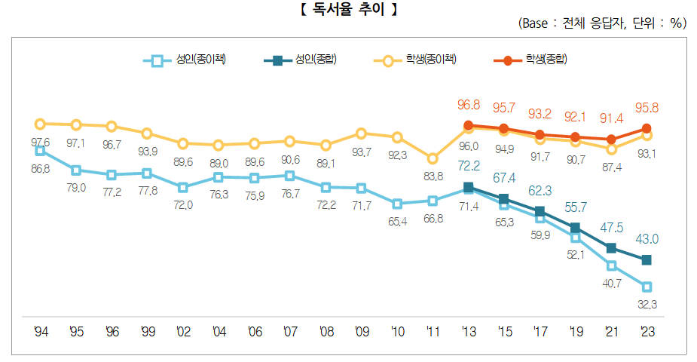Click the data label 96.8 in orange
468,103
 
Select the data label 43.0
646,238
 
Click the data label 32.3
646,304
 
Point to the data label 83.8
432,176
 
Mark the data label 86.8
40,169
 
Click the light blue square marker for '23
647,287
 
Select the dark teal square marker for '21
611,247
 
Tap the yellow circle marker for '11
432,158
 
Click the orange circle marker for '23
647,128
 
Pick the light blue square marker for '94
40,151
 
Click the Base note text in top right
602,23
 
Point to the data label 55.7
575,205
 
